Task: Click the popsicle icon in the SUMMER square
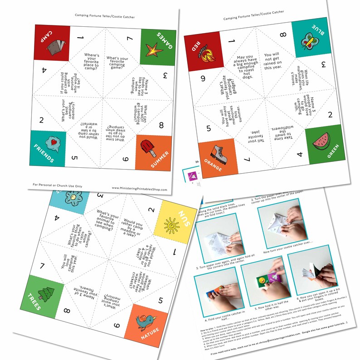[147, 148]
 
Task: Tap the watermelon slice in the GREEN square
[320, 141]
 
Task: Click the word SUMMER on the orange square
[160, 160]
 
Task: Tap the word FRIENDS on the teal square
[44, 154]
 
